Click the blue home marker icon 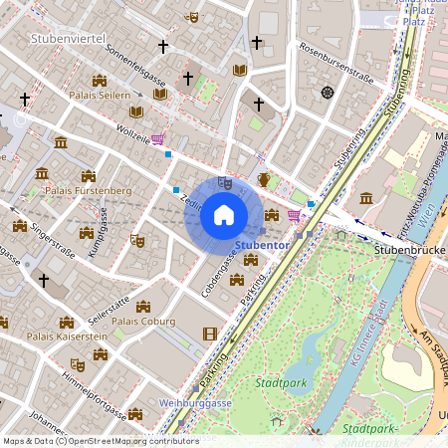point(223,215)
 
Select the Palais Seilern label point(100,95)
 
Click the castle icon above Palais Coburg point(144,306)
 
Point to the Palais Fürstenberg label point(89,189)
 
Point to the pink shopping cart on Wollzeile point(158,139)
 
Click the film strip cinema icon point(209,334)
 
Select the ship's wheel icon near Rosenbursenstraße point(327,93)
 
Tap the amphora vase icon point(263,179)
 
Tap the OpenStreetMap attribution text point(100,441)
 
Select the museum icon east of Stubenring point(366,198)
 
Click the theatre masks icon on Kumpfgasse point(137,240)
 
